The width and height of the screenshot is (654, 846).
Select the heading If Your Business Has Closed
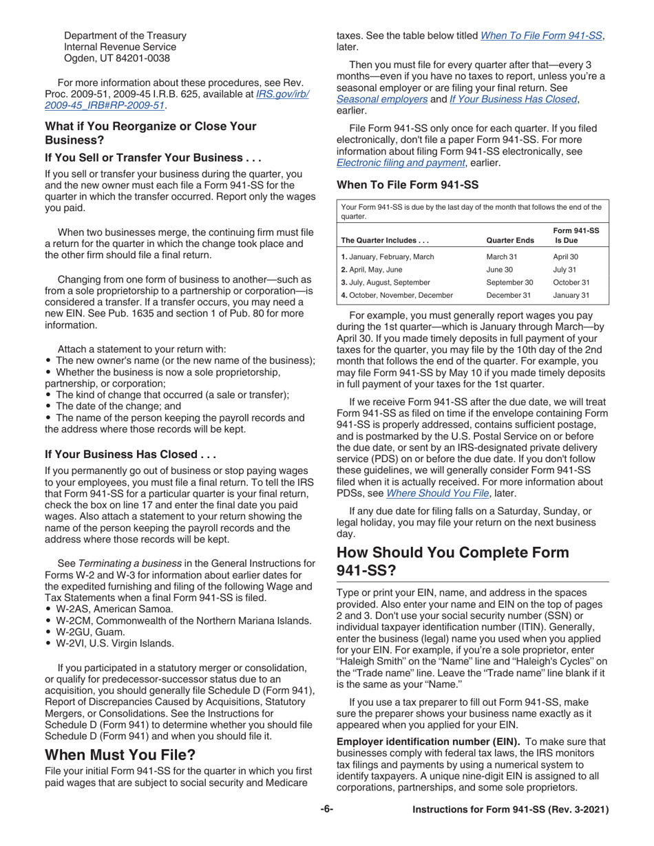click(x=130, y=455)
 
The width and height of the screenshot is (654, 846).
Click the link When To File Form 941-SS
click(x=541, y=35)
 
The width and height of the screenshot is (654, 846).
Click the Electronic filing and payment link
click(x=401, y=163)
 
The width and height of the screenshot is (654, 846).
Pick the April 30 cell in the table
click(x=566, y=257)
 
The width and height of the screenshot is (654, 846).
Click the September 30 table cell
click(x=509, y=282)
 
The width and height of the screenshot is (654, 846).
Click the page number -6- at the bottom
click(x=326, y=810)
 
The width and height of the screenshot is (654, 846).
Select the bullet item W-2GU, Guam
click(x=90, y=631)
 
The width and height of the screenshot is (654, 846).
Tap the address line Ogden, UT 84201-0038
click(x=116, y=58)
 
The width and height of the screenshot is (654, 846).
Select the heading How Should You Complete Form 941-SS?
click(x=452, y=561)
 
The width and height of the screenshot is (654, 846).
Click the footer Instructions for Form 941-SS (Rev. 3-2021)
click(x=510, y=810)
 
